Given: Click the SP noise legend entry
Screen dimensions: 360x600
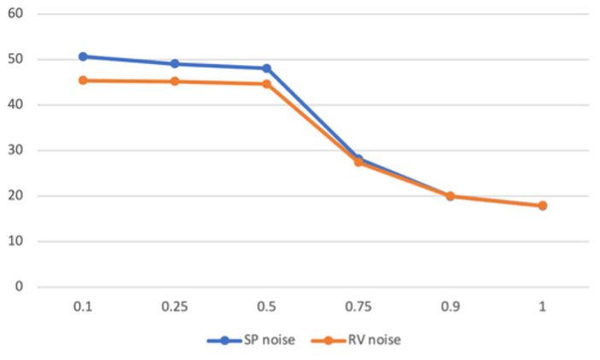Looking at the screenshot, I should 250,339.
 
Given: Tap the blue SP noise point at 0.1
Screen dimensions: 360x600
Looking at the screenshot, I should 83,56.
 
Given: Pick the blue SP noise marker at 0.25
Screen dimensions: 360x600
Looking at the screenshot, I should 174,64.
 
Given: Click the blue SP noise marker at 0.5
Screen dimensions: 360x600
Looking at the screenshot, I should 267,68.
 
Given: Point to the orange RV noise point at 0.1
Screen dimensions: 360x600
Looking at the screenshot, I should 83,80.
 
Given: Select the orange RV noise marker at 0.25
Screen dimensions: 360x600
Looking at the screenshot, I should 174,81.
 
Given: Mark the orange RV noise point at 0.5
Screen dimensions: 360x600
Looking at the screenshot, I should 267,84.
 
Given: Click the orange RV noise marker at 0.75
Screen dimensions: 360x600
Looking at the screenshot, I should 358,162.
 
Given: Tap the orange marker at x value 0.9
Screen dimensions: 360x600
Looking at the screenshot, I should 450,196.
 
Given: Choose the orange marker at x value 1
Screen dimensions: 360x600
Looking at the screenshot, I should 542,205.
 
